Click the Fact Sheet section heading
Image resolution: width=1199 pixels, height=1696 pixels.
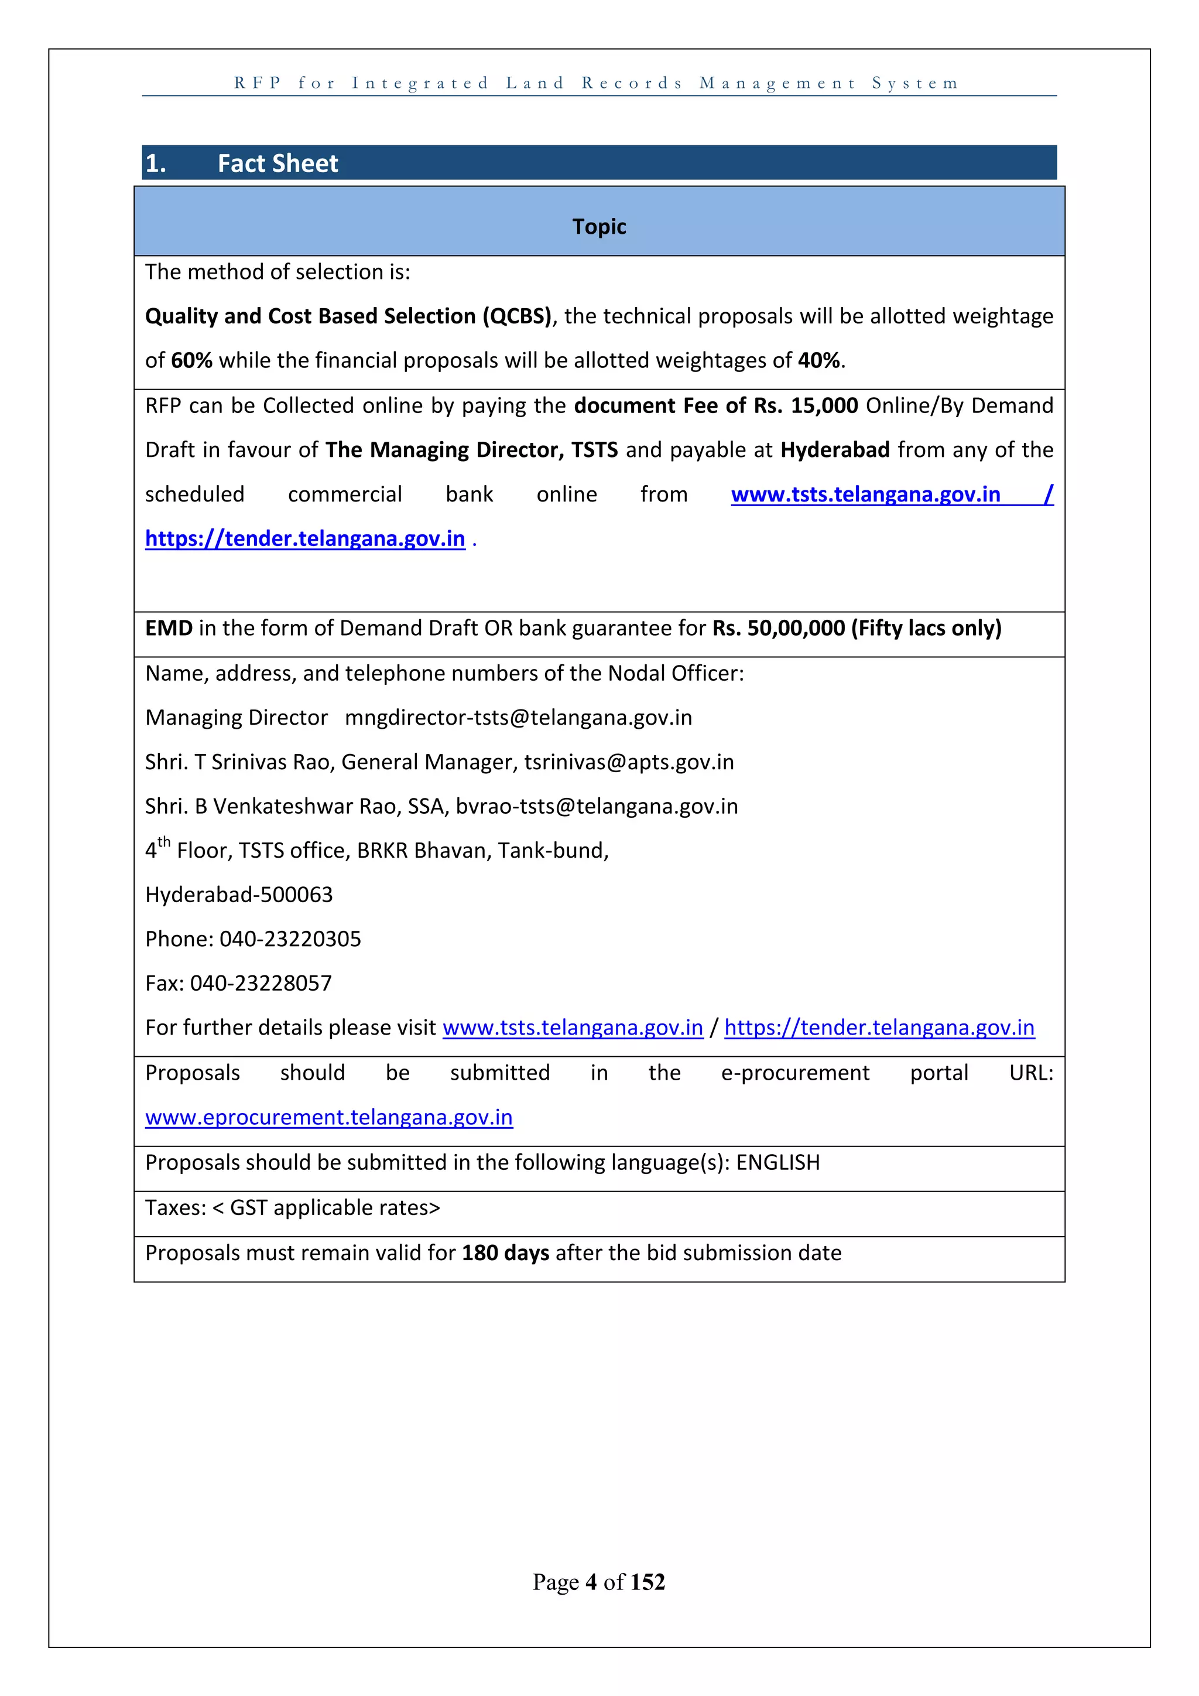click(x=278, y=163)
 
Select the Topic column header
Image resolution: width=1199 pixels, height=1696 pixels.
click(x=599, y=226)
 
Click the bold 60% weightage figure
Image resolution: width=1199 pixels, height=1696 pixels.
click(x=191, y=360)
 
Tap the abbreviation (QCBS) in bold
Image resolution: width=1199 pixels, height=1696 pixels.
click(x=518, y=316)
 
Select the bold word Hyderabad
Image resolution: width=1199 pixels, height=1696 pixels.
click(x=835, y=450)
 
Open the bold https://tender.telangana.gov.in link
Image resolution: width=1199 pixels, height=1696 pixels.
click(x=305, y=538)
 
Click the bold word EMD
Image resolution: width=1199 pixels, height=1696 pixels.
click(x=169, y=628)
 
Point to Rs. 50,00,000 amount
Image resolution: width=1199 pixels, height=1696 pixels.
click(x=778, y=628)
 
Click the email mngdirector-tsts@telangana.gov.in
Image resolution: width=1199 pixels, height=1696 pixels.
click(x=518, y=717)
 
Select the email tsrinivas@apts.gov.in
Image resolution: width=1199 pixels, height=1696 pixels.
click(x=629, y=762)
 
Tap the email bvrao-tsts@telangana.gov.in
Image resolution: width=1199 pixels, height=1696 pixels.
click(x=597, y=806)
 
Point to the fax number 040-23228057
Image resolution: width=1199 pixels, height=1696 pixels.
click(x=261, y=983)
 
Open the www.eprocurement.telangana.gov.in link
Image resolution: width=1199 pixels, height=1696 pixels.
click(x=328, y=1117)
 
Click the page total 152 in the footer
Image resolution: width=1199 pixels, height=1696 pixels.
click(x=648, y=1582)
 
